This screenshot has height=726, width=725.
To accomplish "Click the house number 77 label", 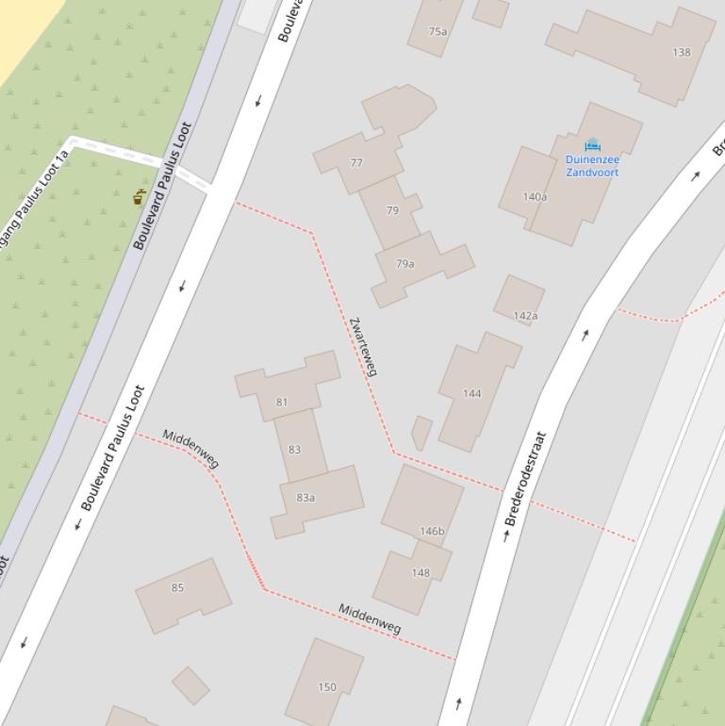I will pyautogui.click(x=356, y=163).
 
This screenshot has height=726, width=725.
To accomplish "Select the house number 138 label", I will pyautogui.click(x=682, y=53).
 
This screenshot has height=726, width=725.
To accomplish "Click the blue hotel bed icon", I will pyautogui.click(x=592, y=144).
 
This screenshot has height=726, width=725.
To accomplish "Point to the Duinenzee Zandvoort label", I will pyautogui.click(x=592, y=166).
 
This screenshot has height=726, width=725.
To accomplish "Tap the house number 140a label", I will pyautogui.click(x=535, y=197).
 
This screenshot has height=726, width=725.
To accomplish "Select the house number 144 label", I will pyautogui.click(x=472, y=394).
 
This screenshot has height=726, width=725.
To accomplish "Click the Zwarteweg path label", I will pyautogui.click(x=363, y=347).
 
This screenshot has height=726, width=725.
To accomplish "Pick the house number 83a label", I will pyautogui.click(x=305, y=498).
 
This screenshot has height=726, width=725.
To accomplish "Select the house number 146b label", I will pyautogui.click(x=432, y=532).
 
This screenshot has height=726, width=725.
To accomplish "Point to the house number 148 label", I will pyautogui.click(x=420, y=572).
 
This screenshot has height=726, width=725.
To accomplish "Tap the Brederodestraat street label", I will pyautogui.click(x=525, y=479).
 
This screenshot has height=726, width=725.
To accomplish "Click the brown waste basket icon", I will pyautogui.click(x=140, y=197).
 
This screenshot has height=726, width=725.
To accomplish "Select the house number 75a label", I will pyautogui.click(x=437, y=31).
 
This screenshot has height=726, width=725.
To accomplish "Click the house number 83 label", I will pyautogui.click(x=295, y=450).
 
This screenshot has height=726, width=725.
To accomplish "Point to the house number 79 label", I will pyautogui.click(x=392, y=210).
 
